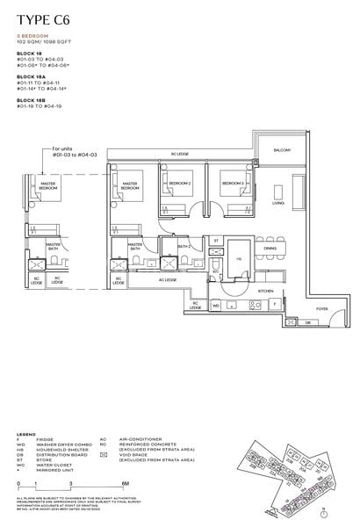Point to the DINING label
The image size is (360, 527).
point(270,249)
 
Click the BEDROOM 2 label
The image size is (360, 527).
point(181,183)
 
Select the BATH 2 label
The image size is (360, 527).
point(184,247)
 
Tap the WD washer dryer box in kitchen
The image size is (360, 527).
point(216,305)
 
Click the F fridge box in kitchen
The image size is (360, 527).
point(275,303)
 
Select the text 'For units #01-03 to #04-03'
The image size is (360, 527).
point(71,153)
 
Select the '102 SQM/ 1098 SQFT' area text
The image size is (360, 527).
point(43,42)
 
